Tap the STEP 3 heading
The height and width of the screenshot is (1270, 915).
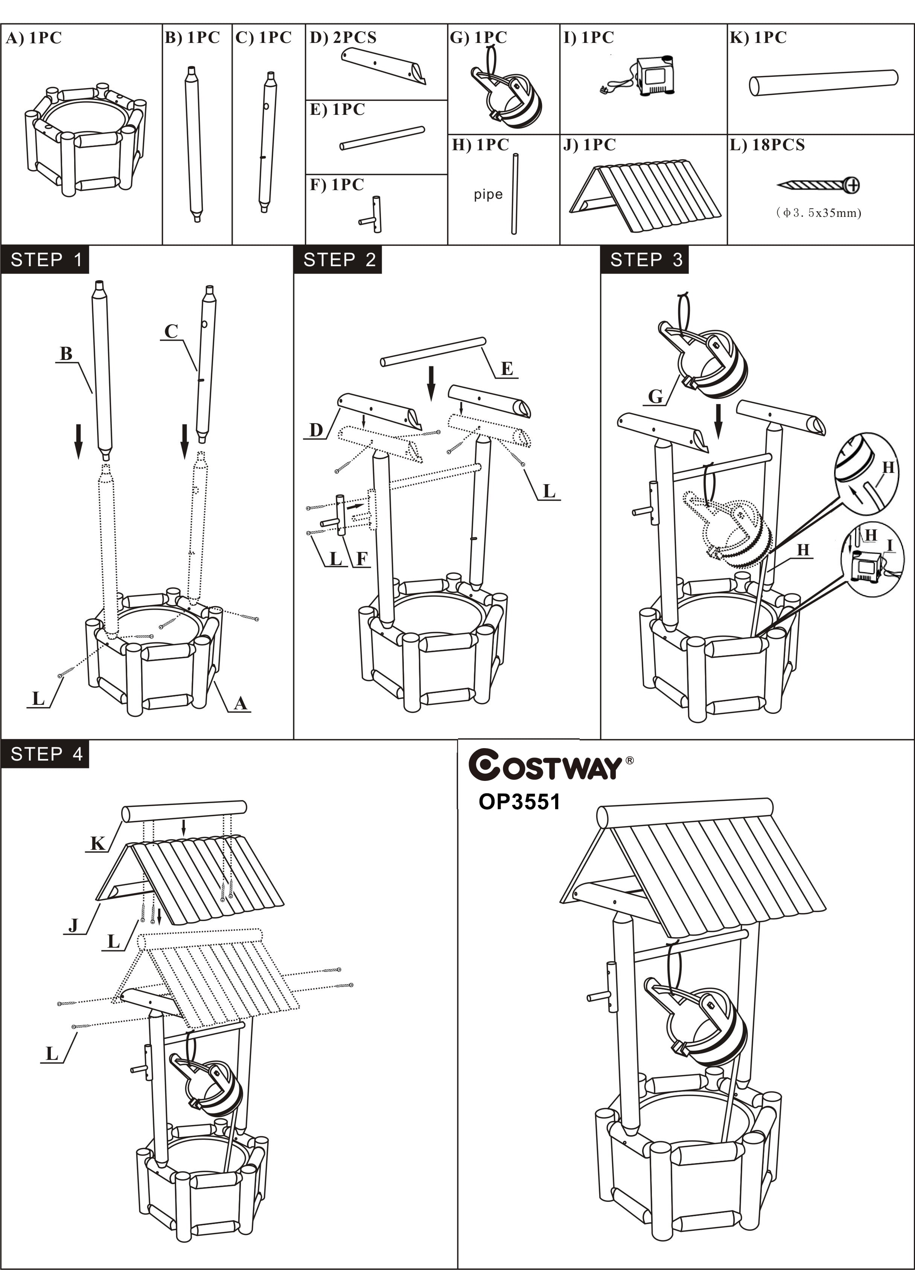(645, 260)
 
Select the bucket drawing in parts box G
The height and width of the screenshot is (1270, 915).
(507, 95)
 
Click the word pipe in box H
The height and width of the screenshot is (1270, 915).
(488, 195)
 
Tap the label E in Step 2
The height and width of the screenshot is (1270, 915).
(507, 369)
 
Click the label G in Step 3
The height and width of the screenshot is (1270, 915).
(655, 396)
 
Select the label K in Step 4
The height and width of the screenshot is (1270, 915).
(97, 844)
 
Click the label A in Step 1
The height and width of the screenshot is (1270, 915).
(240, 703)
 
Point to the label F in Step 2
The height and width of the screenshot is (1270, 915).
(362, 558)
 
